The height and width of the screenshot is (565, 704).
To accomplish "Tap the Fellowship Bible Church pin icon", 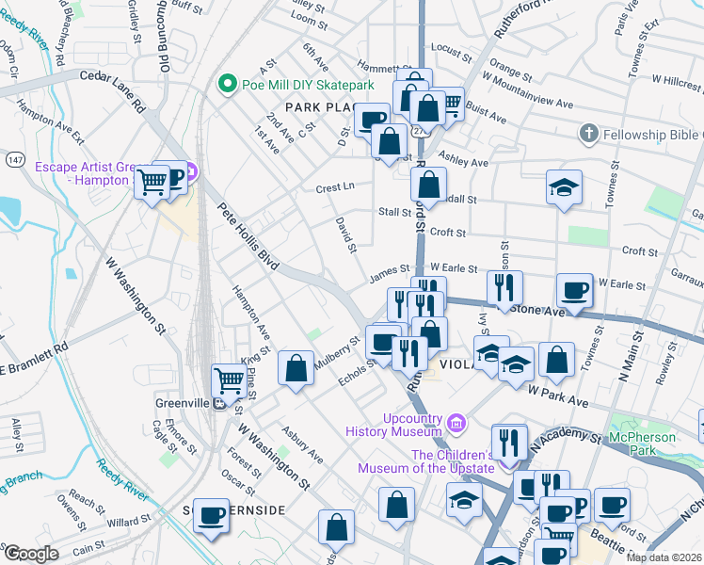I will [x=588, y=135].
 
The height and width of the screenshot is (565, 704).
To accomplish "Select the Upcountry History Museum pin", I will [x=456, y=423].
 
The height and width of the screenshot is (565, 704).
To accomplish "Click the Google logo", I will [x=30, y=553].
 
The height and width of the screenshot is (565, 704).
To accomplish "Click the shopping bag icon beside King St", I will [x=296, y=368].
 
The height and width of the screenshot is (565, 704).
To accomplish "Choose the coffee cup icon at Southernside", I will [x=212, y=514].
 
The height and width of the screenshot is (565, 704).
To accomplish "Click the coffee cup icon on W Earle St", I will [x=574, y=288].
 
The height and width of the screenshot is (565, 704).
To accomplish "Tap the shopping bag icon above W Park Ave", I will [x=556, y=359].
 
